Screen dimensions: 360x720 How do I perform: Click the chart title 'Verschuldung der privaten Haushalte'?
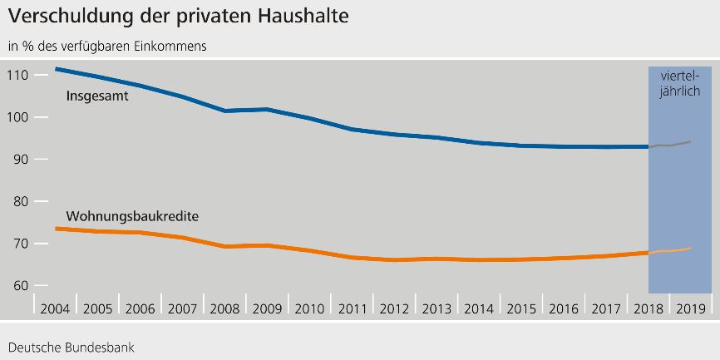coord(179,15)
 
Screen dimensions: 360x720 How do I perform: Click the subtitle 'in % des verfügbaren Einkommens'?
coord(107,46)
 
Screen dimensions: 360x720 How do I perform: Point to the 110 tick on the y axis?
coord(18,76)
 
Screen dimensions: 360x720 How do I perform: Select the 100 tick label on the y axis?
coord(18,117)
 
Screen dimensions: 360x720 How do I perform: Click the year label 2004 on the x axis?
coord(55,308)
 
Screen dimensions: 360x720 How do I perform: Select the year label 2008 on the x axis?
coord(224,308)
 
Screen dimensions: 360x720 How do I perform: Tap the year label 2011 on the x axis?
coord(352,308)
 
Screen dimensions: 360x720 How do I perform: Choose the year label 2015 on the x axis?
coord(521,308)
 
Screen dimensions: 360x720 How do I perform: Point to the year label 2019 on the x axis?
coord(691,308)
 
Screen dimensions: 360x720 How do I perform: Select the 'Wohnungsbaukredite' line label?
coord(131,217)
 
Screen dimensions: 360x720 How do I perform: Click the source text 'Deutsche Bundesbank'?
coord(71,345)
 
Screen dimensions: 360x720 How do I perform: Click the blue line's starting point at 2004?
coord(56,69)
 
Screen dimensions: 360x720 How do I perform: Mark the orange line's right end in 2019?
coord(690,248)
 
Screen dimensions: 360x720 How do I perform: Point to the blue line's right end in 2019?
coord(690,141)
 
